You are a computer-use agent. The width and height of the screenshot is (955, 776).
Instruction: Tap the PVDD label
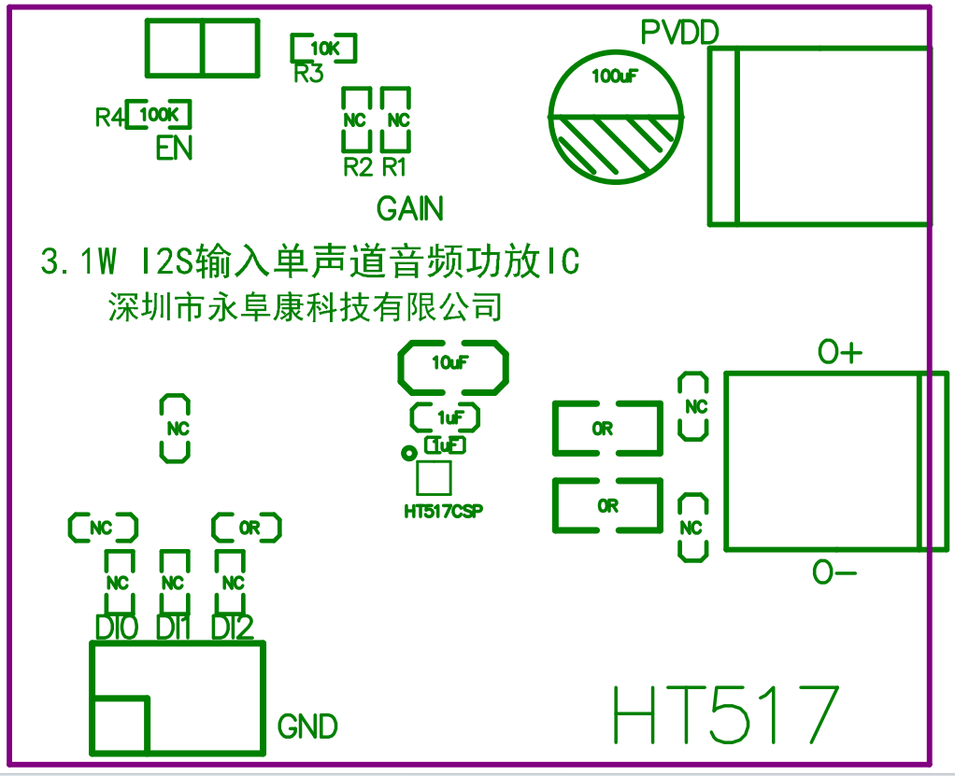pyautogui.click(x=679, y=33)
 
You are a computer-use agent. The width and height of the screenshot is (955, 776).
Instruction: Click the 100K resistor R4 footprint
pyautogui.click(x=159, y=115)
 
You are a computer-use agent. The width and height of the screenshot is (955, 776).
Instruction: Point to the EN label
pyautogui.click(x=174, y=148)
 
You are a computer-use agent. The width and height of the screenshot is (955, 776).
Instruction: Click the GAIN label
pyautogui.click(x=410, y=208)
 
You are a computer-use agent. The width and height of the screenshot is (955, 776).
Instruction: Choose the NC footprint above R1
pyautogui.click(x=397, y=120)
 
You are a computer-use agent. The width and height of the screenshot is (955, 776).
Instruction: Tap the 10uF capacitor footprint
pyautogui.click(x=453, y=364)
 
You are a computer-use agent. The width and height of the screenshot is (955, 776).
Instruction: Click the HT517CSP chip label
pyautogui.click(x=444, y=512)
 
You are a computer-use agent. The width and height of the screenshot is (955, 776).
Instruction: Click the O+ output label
pyautogui.click(x=840, y=353)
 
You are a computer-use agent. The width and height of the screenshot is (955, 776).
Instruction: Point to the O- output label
pyautogui.click(x=834, y=572)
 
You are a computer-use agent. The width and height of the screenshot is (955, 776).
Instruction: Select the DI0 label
pyautogui.click(x=117, y=628)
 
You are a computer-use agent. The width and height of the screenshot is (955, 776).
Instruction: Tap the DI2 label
pyautogui.click(x=232, y=628)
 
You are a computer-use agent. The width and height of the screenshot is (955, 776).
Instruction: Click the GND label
pyautogui.click(x=307, y=727)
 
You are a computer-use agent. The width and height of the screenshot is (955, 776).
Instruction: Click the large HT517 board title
pyautogui.click(x=725, y=717)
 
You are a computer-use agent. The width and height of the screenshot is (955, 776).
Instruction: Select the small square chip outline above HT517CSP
pyautogui.click(x=434, y=478)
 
